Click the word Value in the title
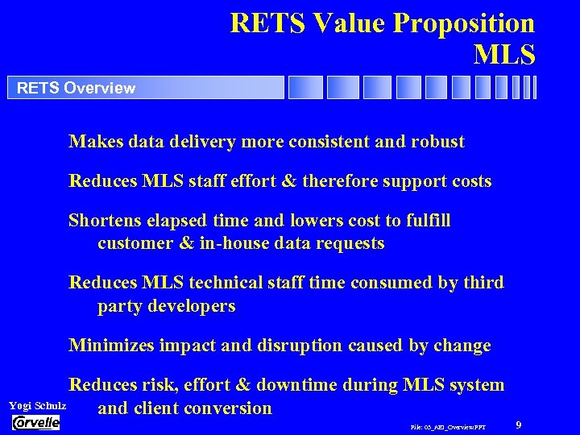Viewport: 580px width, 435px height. coord(349,23)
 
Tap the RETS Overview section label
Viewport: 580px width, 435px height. coord(77,88)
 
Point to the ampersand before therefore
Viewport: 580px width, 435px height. coord(288,181)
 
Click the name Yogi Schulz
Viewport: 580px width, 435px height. coord(37,405)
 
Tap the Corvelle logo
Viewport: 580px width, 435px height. coord(36,422)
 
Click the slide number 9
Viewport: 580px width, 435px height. coord(519,424)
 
